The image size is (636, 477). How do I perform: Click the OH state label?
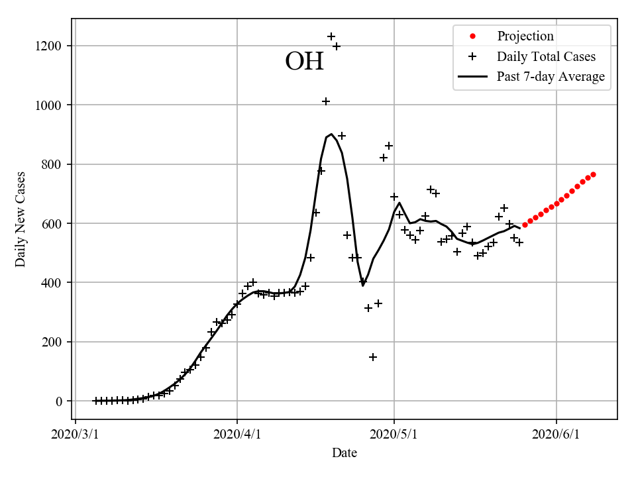point(304,62)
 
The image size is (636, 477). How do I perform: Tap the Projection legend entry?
point(525,36)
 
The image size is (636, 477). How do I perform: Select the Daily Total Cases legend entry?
point(546,56)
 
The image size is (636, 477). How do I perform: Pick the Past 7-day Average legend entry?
point(550,77)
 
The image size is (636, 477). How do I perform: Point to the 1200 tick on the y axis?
point(50,46)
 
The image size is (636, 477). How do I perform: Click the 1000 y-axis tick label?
point(50,105)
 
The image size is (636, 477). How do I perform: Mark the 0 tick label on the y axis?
point(60,401)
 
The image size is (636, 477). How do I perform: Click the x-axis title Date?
point(344,453)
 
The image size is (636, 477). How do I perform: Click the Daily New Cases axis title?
point(21,219)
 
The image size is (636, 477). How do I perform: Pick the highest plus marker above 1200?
point(331,36)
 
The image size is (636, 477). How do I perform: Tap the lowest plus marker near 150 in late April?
point(373,357)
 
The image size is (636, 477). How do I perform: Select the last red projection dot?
point(593,174)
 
